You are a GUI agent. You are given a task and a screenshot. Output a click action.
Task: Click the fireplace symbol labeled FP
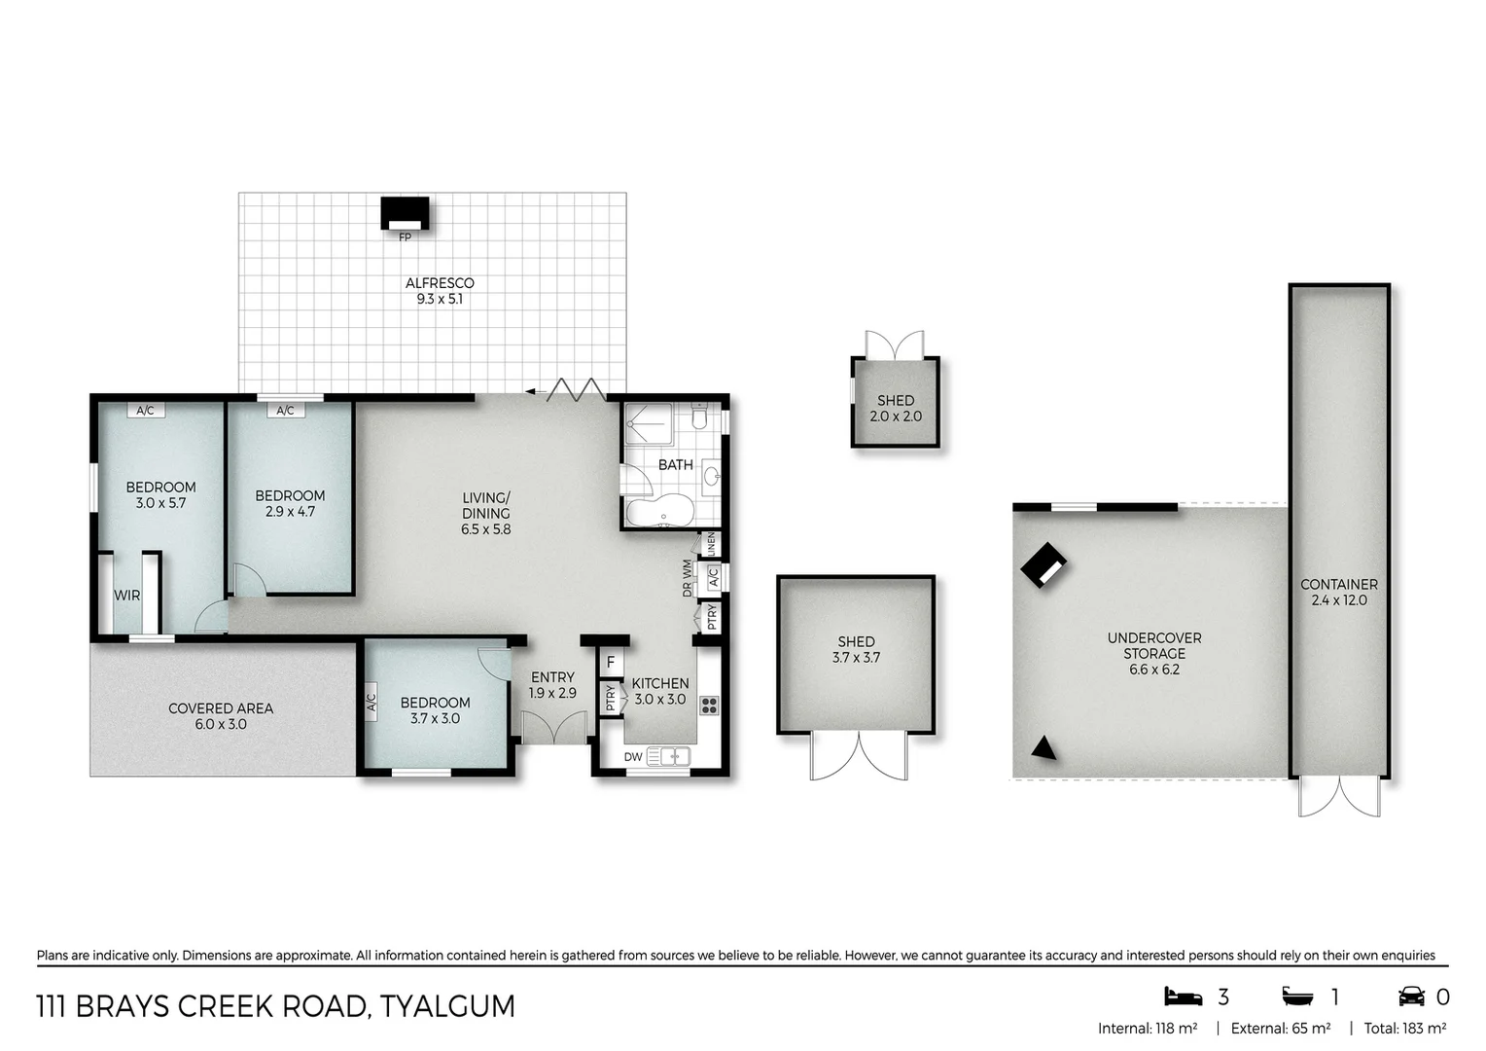[405, 214]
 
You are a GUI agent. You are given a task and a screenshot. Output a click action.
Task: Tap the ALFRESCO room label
[440, 283]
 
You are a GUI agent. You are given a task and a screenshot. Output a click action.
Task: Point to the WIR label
[127, 596]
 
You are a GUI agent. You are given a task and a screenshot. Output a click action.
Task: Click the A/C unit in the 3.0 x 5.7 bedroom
[145, 411]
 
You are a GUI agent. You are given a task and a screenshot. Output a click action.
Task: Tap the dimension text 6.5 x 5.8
[485, 529]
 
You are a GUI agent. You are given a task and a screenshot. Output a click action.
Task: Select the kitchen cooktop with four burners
[709, 707]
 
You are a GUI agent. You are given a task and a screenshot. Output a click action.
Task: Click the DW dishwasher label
[633, 756]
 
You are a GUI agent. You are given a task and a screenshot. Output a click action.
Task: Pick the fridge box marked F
[611, 663]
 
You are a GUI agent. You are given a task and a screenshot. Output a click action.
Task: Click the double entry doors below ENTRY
[554, 728]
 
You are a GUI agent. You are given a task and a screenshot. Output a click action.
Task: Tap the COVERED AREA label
[221, 708]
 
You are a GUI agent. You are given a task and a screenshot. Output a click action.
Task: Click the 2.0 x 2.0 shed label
[895, 417]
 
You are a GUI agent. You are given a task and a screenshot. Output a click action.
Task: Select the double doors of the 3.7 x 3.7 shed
[860, 756]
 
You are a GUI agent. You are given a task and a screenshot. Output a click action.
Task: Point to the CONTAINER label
[1338, 584]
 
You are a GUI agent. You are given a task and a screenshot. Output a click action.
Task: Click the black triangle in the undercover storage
[1044, 748]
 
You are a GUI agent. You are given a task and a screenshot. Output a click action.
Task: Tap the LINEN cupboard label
[712, 544]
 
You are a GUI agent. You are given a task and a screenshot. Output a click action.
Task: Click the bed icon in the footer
[1183, 997]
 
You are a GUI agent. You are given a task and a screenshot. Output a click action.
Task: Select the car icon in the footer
[1411, 997]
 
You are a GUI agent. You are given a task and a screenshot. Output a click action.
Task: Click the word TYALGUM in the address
[447, 1006]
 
